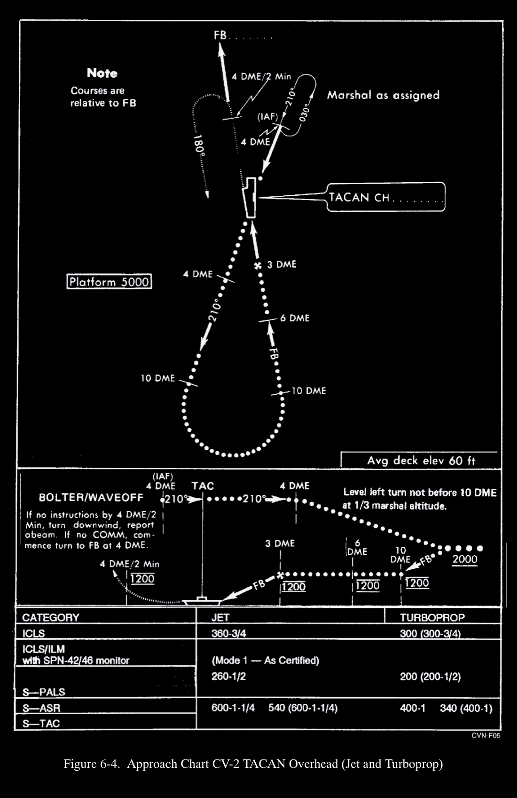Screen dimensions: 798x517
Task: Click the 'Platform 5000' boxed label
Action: click(x=109, y=282)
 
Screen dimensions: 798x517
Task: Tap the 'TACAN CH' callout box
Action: click(x=385, y=197)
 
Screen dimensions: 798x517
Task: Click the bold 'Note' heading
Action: click(x=102, y=73)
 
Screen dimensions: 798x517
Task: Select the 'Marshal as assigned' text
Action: click(x=383, y=95)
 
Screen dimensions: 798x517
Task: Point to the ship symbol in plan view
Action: click(x=250, y=198)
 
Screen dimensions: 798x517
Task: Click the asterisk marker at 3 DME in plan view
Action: click(x=258, y=265)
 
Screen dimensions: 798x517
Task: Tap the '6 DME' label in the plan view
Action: click(x=295, y=318)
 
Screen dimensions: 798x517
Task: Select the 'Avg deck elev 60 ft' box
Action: click(x=421, y=460)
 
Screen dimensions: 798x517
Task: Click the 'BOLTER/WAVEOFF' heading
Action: click(x=91, y=497)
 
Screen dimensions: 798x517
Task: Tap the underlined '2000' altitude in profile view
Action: click(x=464, y=559)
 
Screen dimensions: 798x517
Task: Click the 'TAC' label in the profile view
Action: click(x=203, y=486)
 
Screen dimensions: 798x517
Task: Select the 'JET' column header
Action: click(x=220, y=617)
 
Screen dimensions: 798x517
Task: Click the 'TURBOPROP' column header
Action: click(x=432, y=617)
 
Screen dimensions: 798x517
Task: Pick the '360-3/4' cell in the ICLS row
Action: click(x=228, y=633)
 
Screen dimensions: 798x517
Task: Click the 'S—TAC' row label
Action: click(x=41, y=723)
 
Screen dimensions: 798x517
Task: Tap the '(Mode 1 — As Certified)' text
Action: click(x=265, y=660)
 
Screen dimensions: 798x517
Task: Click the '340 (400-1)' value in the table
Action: click(x=466, y=708)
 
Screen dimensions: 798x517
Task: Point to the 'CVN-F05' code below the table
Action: click(x=486, y=736)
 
